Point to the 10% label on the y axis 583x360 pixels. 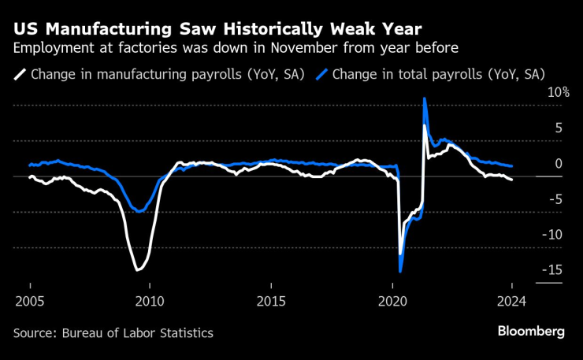pos(559,92)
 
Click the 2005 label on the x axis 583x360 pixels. pos(30,302)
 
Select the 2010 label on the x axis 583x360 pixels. pos(150,302)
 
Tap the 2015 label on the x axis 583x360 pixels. pos(270,302)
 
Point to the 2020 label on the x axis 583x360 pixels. pos(392,302)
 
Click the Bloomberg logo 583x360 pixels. pos(530,332)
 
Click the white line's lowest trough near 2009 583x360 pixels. pos(137,270)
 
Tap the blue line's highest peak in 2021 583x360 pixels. pos(425,98)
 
